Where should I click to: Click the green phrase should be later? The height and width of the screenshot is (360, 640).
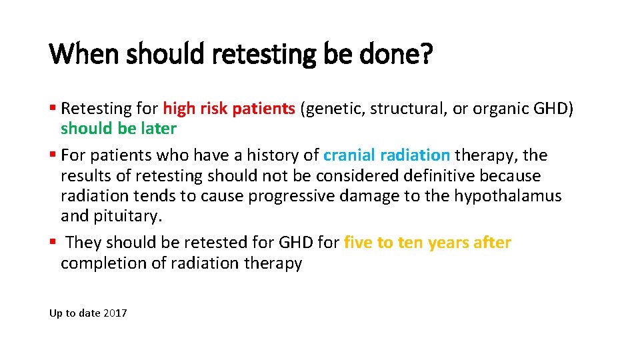[118, 129]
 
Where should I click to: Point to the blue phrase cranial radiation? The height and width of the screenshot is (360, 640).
[386, 155]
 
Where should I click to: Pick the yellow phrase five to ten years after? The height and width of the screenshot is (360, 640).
[427, 243]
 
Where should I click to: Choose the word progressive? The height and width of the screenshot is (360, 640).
[279, 197]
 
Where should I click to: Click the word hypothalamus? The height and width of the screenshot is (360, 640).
[508, 197]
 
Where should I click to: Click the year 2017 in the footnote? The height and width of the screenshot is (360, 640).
[115, 313]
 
